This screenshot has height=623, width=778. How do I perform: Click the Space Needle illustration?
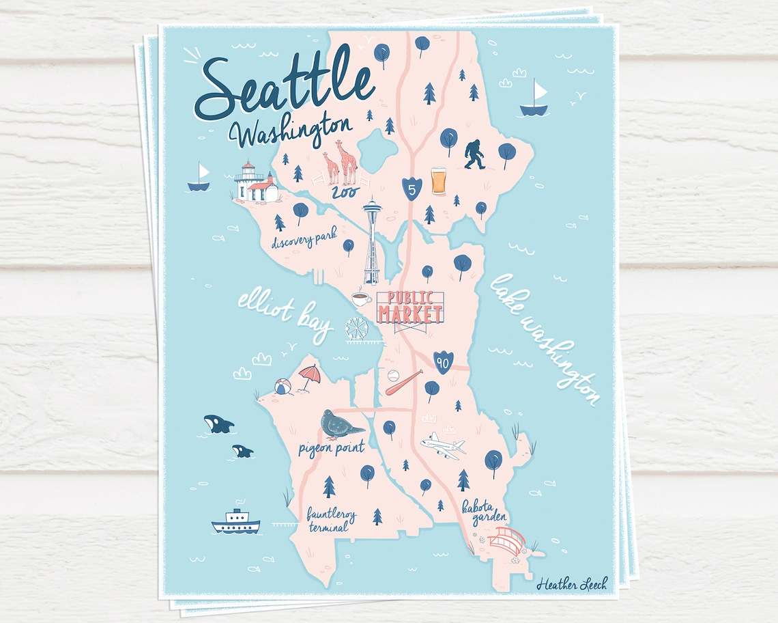click(372, 243)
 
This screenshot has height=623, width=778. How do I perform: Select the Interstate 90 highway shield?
click(442, 363)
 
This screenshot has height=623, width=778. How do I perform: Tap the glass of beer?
click(438, 181)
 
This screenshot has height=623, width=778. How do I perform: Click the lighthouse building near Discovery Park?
click(255, 183)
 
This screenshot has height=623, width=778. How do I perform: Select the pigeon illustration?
click(343, 424)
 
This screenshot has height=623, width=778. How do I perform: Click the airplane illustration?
click(443, 445)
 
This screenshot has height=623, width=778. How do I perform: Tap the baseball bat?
click(403, 383)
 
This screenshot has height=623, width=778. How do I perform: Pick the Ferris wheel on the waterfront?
click(356, 329)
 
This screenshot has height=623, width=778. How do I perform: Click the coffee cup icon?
click(361, 298)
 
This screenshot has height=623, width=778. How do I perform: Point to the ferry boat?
click(235, 522)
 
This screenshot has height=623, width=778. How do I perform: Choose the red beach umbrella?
click(309, 376)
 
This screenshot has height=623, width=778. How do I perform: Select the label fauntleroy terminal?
click(328, 519)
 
